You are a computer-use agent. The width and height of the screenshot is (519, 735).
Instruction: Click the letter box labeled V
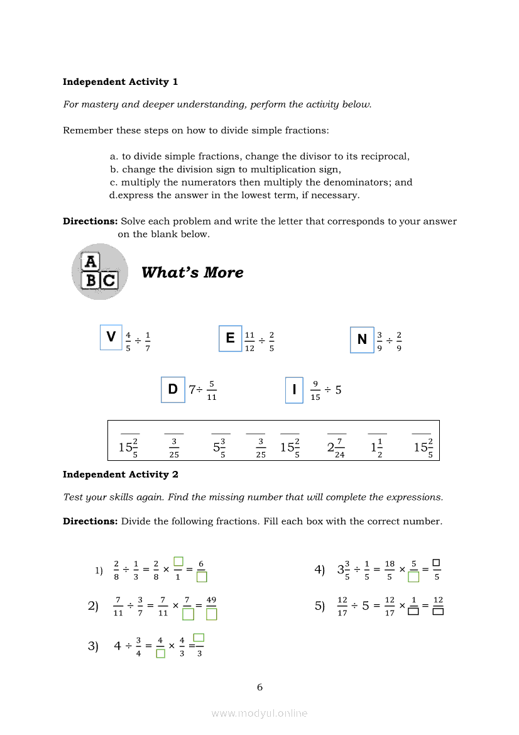tap(111, 337)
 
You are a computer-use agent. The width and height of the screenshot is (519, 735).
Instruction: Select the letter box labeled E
tap(230, 338)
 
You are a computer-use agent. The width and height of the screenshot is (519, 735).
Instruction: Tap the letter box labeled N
tap(362, 340)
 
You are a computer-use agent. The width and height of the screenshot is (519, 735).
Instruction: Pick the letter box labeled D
tap(173, 389)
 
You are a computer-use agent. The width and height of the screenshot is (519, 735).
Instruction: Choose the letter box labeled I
tap(294, 390)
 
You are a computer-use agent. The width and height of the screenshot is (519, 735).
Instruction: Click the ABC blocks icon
tap(99, 272)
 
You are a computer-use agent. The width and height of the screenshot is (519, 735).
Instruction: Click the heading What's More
tap(192, 272)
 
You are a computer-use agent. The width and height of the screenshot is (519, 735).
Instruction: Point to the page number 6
tap(259, 687)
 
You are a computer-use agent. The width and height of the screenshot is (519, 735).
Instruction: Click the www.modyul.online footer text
tap(259, 713)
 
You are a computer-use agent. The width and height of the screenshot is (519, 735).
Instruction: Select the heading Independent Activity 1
tap(120, 82)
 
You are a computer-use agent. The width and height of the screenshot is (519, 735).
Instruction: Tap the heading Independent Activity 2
tap(120, 474)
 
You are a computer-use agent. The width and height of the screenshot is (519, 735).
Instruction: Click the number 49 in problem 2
tap(211, 600)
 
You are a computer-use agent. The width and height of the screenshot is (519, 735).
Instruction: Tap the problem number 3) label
tap(93, 646)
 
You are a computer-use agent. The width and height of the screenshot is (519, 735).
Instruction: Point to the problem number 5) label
tap(320, 605)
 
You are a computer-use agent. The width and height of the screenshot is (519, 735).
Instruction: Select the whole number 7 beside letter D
tap(192, 390)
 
